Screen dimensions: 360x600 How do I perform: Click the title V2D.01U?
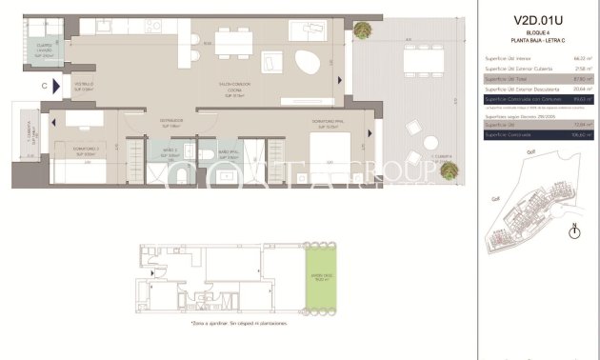[x=538, y=18]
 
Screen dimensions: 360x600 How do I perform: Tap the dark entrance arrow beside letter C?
[x=62, y=85]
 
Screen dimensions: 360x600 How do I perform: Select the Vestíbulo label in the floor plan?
[x=85, y=87]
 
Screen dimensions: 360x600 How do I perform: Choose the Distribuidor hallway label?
[x=170, y=122]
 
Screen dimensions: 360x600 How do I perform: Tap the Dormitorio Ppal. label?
[x=327, y=121]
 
